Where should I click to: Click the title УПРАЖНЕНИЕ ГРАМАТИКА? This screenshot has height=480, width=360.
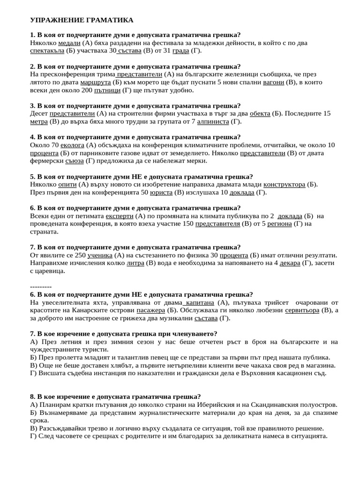(82, 20)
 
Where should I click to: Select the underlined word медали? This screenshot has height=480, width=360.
(69, 43)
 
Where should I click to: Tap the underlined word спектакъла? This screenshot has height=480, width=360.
(47, 51)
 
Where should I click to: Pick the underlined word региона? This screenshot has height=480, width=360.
(279, 224)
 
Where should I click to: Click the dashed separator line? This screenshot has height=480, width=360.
(40, 286)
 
